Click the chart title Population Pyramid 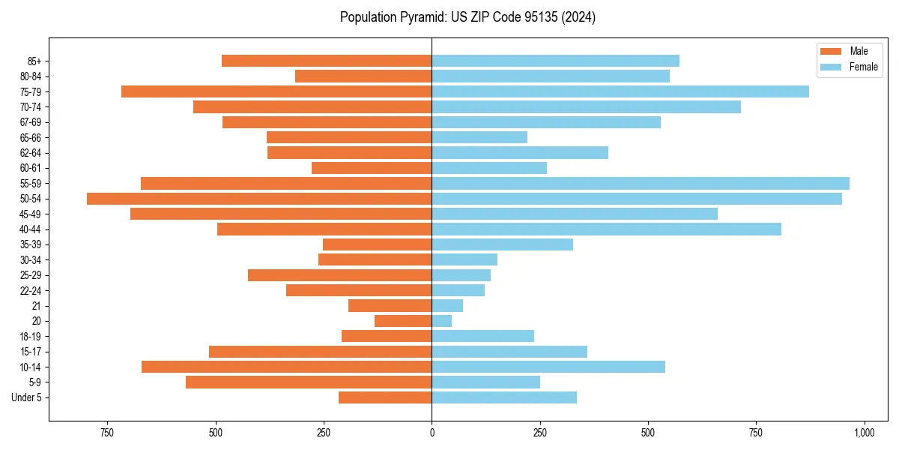point(467,17)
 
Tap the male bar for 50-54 point(259,199)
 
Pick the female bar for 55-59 point(641,183)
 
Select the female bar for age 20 point(442,321)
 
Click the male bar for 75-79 point(276,91)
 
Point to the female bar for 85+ point(555,61)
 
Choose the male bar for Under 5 point(385,397)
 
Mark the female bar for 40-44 point(606,229)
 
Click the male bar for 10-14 point(287,367)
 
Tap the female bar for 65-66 point(479,137)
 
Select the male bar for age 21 point(390,305)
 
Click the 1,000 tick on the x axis point(864,433)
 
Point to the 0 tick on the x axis point(432,433)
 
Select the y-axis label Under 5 point(26,397)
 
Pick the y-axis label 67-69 point(30,122)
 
